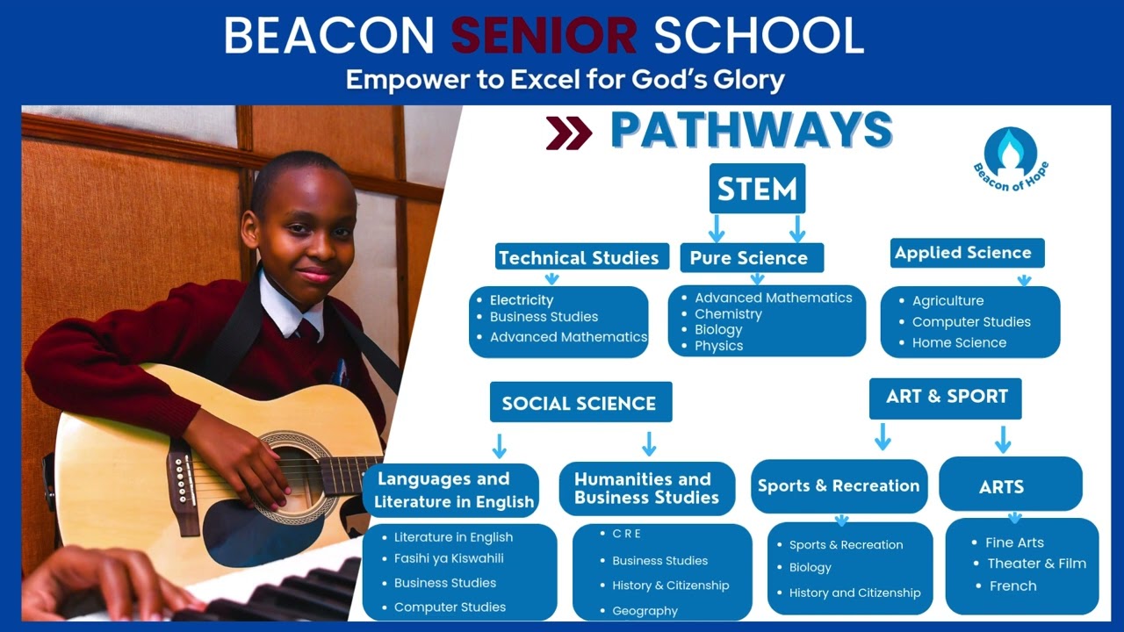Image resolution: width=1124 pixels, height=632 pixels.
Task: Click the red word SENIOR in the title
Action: pos(544,35)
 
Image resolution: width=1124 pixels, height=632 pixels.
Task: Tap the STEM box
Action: pos(757,189)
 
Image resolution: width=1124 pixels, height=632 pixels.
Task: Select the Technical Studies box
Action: pos(578,257)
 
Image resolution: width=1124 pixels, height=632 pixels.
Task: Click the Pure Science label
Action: pos(748,257)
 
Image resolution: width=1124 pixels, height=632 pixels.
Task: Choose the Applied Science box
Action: pos(963,253)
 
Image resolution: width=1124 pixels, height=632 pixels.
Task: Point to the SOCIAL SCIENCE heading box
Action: pos(580,403)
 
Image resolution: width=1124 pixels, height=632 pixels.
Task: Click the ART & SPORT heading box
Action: pos(946,397)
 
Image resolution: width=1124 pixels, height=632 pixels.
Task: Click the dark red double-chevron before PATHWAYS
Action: pos(568,133)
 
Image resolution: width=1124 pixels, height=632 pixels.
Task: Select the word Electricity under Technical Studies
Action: pos(522,300)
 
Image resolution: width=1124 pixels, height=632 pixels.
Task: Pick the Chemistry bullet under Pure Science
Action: pos(728,313)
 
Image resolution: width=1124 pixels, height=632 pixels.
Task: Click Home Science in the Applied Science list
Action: pos(959,342)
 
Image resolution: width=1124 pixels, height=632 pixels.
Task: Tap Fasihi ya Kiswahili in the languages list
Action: pos(449,558)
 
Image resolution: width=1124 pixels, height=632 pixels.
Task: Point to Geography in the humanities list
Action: pos(645,611)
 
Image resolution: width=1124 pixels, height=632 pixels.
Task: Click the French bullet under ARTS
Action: pos(1012,585)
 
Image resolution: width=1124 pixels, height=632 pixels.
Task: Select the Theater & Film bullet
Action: pos(1036,564)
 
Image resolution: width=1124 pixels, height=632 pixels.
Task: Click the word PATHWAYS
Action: pos(752,131)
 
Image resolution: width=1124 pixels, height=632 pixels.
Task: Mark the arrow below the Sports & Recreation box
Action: pos(840,520)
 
